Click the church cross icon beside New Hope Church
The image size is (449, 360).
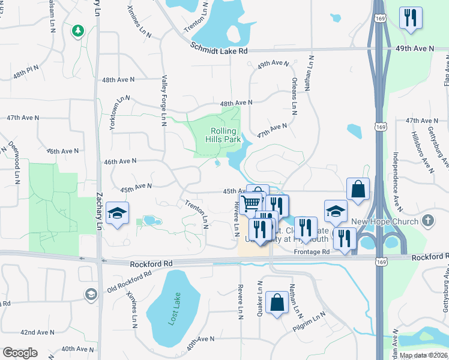(427, 220)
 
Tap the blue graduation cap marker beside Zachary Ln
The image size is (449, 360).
(118, 213)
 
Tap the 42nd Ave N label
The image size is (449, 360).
(37, 332)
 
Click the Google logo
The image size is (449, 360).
(20, 353)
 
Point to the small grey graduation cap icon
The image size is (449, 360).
(91, 294)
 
